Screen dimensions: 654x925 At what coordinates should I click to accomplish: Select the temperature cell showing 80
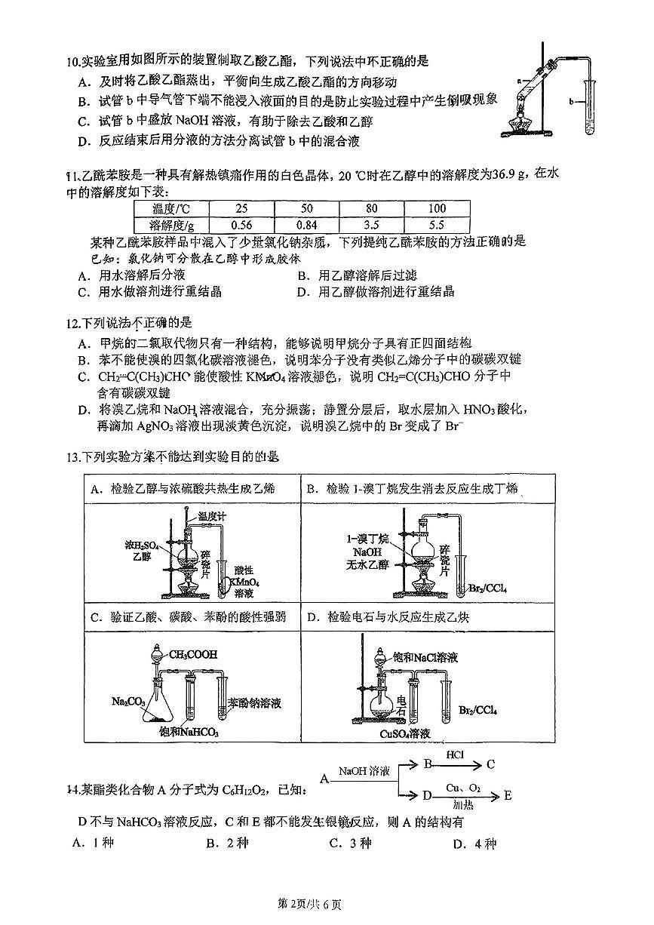(x=372, y=208)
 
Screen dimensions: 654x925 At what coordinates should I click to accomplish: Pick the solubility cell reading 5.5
(x=437, y=225)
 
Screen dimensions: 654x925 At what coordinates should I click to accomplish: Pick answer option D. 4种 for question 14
(x=474, y=844)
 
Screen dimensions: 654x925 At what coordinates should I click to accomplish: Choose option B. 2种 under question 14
(x=227, y=844)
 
